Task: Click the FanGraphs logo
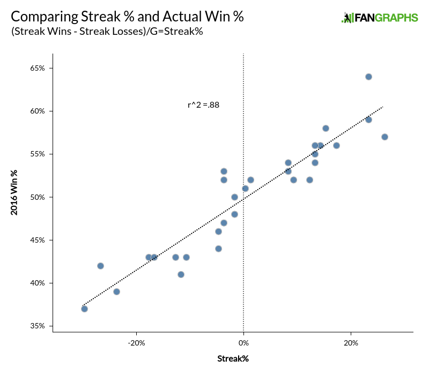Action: tap(380, 18)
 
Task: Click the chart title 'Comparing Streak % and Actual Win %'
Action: tap(127, 17)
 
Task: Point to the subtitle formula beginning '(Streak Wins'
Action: tap(107, 32)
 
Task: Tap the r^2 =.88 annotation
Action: tap(203, 105)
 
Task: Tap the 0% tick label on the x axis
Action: tap(243, 343)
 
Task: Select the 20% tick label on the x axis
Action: tap(351, 343)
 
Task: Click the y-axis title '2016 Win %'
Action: tap(14, 193)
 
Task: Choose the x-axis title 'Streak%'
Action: tap(233, 358)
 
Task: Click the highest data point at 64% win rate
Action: tap(368, 77)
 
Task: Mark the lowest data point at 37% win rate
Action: tap(84, 309)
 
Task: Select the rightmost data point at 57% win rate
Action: tap(384, 137)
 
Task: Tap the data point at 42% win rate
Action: tap(100, 266)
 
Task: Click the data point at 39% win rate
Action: tap(116, 291)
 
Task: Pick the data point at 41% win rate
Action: tap(181, 274)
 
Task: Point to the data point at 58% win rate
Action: tap(326, 128)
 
